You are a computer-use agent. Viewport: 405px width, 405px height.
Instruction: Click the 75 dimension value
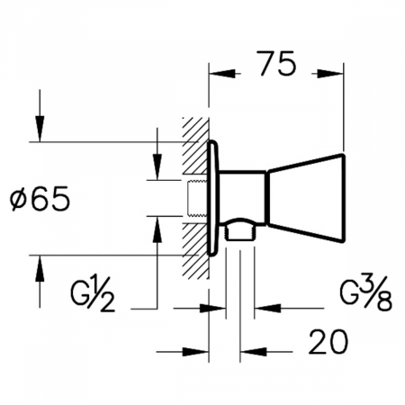(278, 63)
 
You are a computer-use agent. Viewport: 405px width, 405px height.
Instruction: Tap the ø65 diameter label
(40, 199)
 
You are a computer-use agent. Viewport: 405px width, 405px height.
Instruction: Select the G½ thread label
(93, 292)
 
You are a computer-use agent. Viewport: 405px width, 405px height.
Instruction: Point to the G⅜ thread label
(365, 292)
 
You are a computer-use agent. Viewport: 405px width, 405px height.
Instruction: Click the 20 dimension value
(328, 342)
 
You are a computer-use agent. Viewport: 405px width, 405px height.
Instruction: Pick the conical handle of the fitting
(305, 198)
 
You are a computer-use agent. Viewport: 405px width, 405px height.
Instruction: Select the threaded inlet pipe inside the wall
(197, 198)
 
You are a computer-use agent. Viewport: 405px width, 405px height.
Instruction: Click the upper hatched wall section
(195, 146)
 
